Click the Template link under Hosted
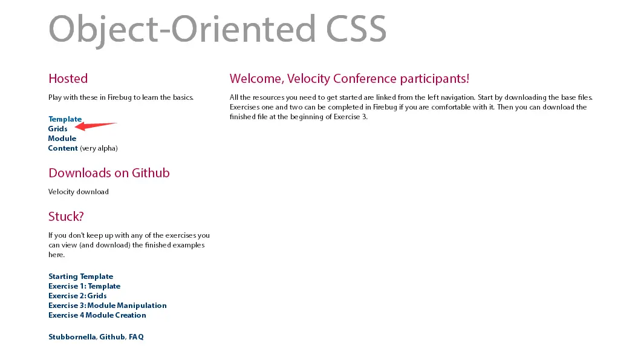click(x=65, y=119)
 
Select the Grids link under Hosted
click(x=57, y=128)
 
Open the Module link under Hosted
click(x=62, y=139)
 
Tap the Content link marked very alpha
click(x=63, y=148)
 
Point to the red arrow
click(x=96, y=126)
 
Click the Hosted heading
click(x=68, y=79)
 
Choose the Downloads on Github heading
click(x=109, y=172)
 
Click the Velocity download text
click(x=79, y=192)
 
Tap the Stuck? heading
click(x=67, y=216)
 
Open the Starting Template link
click(x=81, y=277)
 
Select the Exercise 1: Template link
click(x=84, y=286)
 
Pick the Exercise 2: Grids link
click(x=77, y=296)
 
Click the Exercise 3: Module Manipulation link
click(x=108, y=306)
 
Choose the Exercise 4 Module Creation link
click(x=97, y=315)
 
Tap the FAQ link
click(x=137, y=337)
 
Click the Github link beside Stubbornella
click(x=112, y=337)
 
